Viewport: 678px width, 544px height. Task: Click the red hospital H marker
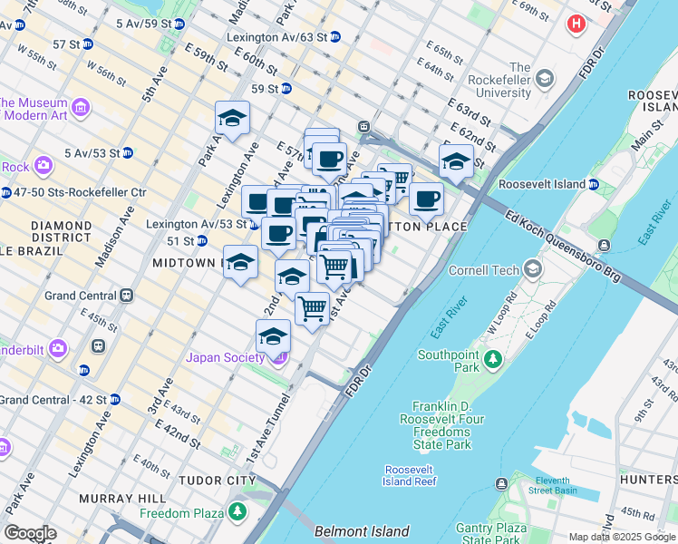pyautogui.click(x=576, y=24)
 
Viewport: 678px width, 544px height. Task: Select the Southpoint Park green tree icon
pyautogui.click(x=493, y=360)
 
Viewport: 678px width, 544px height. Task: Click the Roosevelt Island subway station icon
pyautogui.click(x=593, y=184)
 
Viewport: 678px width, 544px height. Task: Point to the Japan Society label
pyautogui.click(x=225, y=357)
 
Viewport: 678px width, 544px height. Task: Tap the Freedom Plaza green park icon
pyautogui.click(x=237, y=512)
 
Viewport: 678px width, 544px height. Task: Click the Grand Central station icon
pyautogui.click(x=128, y=296)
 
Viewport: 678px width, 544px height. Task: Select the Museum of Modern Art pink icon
pyautogui.click(x=81, y=108)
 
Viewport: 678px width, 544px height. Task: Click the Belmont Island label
pyautogui.click(x=362, y=531)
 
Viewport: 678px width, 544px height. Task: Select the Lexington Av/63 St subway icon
pyautogui.click(x=335, y=37)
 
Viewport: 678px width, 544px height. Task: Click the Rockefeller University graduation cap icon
pyautogui.click(x=544, y=79)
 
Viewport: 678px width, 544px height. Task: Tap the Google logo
pyautogui.click(x=30, y=533)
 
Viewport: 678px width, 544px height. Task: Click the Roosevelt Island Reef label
pyautogui.click(x=411, y=475)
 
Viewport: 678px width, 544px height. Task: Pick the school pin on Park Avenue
pyautogui.click(x=232, y=119)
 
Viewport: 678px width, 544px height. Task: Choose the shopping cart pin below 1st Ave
pyautogui.click(x=313, y=308)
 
